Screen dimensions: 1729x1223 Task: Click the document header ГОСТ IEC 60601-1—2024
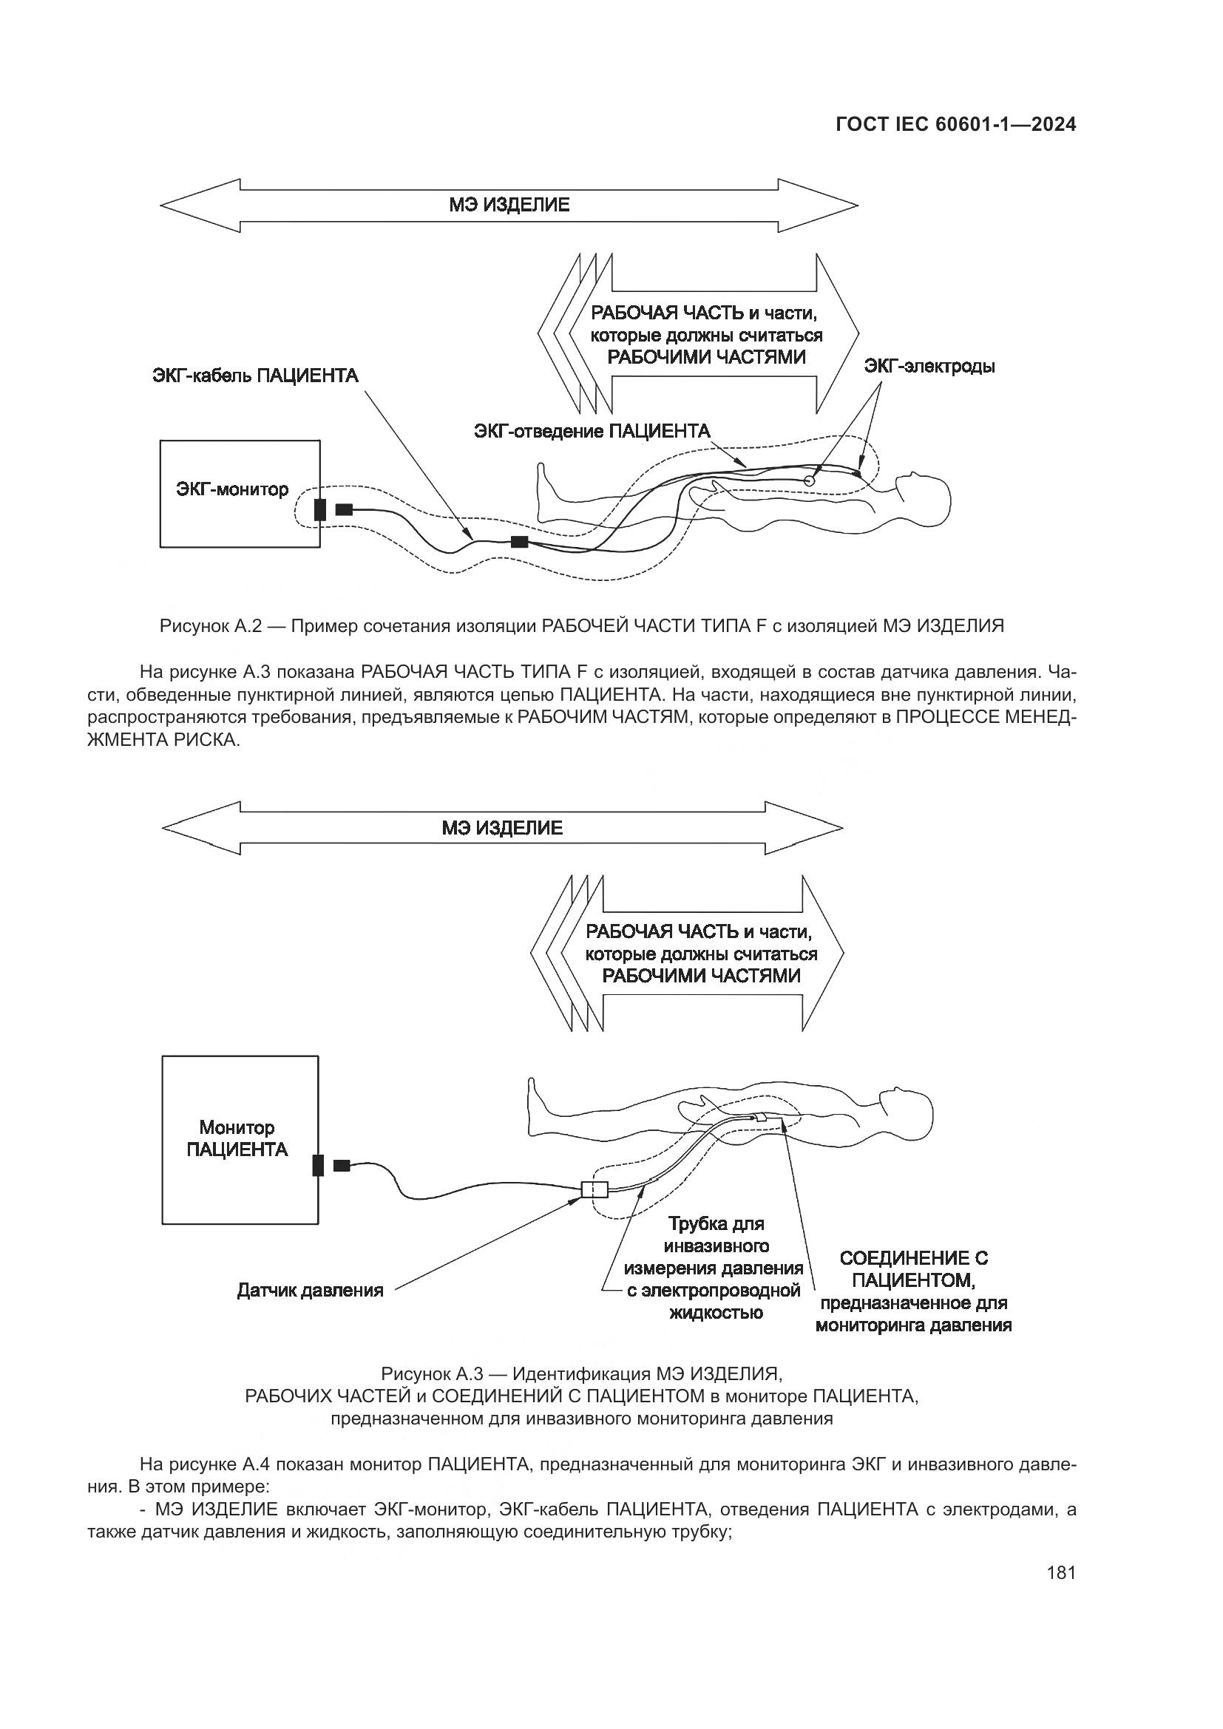point(955,124)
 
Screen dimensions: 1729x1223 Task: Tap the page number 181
point(1060,1572)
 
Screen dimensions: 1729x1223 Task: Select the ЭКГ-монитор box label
point(232,489)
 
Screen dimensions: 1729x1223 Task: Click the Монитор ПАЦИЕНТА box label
point(237,1138)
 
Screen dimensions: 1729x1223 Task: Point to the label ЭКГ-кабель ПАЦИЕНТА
point(255,376)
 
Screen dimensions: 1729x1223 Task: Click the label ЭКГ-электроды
point(929,367)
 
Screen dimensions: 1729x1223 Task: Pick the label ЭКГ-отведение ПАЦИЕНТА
point(592,431)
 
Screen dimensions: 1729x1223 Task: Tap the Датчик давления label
point(311,1290)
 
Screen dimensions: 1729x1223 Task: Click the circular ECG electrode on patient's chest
point(810,480)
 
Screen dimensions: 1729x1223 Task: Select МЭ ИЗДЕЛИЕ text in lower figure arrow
point(502,829)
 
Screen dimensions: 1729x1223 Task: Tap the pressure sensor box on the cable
point(594,1190)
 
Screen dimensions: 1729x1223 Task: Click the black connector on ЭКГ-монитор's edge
point(320,509)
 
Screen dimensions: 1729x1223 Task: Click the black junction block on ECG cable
point(520,541)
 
